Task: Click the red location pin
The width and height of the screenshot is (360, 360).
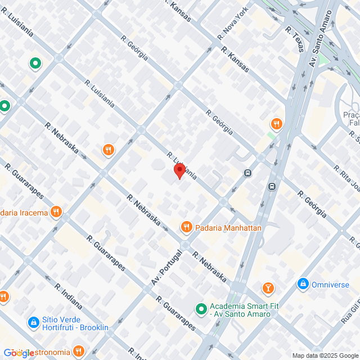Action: (x=179, y=170)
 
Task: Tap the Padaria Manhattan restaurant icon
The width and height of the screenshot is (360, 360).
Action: (x=187, y=227)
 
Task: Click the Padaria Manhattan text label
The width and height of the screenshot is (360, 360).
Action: (x=228, y=228)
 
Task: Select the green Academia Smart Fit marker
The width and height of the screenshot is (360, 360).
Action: (x=201, y=309)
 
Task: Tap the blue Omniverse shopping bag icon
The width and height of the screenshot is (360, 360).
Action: (x=303, y=284)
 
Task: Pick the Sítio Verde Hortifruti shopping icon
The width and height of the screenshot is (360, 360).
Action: (x=33, y=322)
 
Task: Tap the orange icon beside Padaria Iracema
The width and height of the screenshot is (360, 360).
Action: (x=56, y=212)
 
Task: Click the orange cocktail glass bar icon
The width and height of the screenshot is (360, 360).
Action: (x=269, y=289)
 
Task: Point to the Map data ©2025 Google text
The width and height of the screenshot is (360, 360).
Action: (x=325, y=355)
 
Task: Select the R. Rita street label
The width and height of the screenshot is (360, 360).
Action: (x=345, y=177)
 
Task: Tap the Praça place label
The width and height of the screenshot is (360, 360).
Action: (x=351, y=115)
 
